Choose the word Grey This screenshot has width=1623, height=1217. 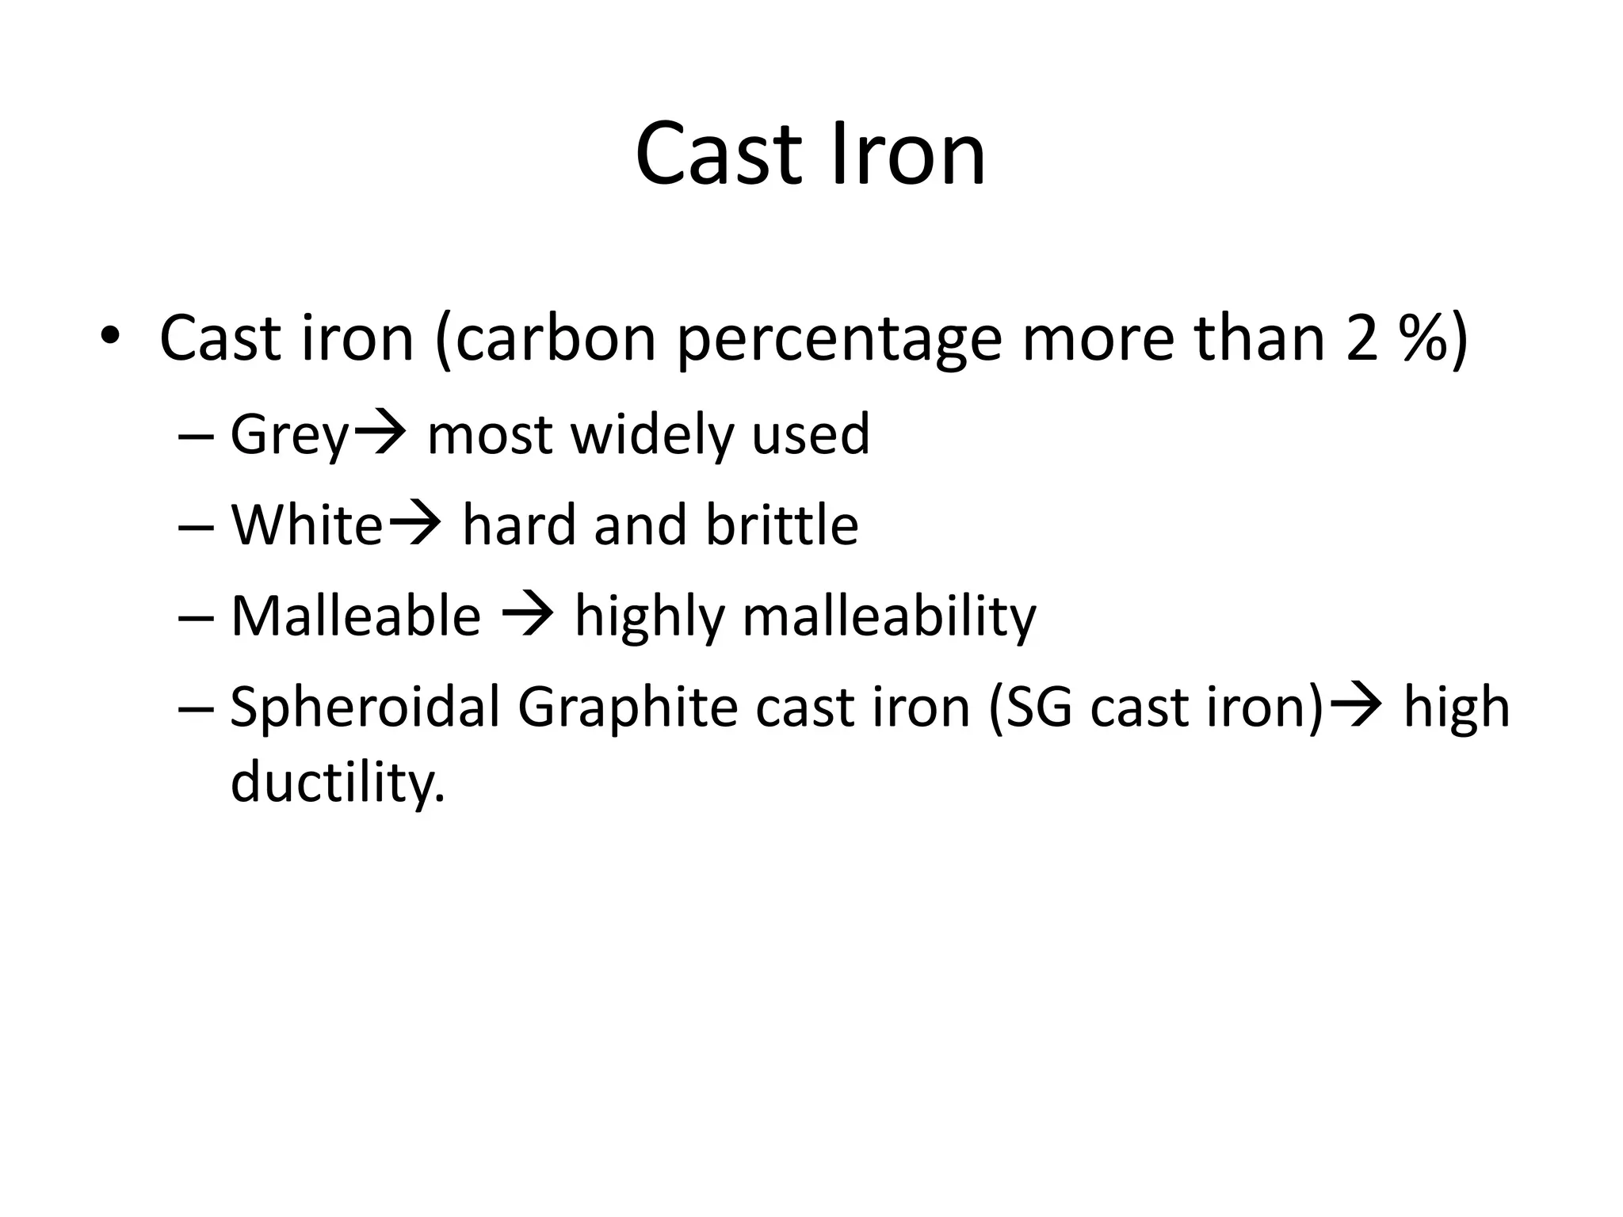289,436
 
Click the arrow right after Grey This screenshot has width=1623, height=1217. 379,434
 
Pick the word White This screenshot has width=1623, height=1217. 307,525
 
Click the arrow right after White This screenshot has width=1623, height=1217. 413,525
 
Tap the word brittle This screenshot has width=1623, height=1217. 782,525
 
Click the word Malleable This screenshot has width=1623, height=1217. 356,616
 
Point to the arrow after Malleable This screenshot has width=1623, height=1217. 528,616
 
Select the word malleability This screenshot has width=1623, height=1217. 888,617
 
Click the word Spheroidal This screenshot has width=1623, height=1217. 365,708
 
